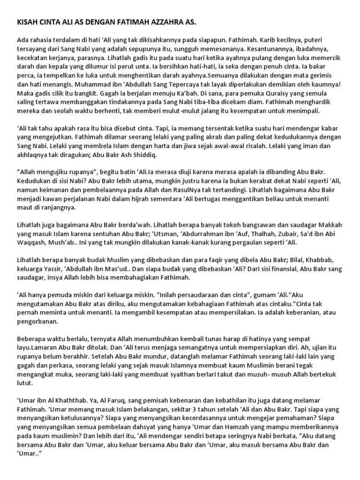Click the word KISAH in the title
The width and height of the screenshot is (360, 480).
click(27, 22)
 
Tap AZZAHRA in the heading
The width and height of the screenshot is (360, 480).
click(168, 22)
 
